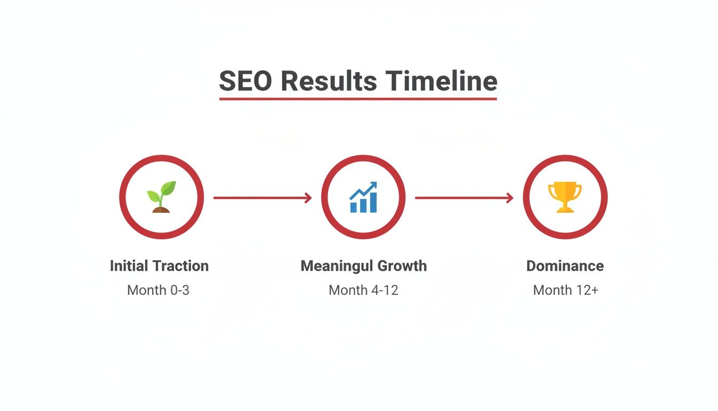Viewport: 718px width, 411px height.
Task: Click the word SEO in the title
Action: [x=245, y=81]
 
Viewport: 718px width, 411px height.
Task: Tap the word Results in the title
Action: [x=327, y=81]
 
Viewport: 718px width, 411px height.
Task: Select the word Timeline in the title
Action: [x=442, y=81]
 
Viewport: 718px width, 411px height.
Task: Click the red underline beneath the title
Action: [x=358, y=98]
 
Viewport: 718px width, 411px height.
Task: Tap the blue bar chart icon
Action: [x=363, y=197]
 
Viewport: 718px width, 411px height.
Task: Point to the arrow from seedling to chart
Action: [x=262, y=198]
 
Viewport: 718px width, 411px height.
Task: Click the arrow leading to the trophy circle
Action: [x=464, y=198]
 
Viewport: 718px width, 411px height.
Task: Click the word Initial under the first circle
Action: [x=128, y=266]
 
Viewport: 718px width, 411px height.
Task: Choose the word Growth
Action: [x=402, y=266]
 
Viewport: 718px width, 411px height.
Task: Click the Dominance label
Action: [x=565, y=266]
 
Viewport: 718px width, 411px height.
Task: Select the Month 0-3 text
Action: [x=158, y=291]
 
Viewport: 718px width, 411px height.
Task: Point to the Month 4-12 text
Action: [x=363, y=291]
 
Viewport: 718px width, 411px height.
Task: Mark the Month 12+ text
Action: [x=565, y=291]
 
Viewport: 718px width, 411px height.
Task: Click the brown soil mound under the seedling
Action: [x=161, y=210]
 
